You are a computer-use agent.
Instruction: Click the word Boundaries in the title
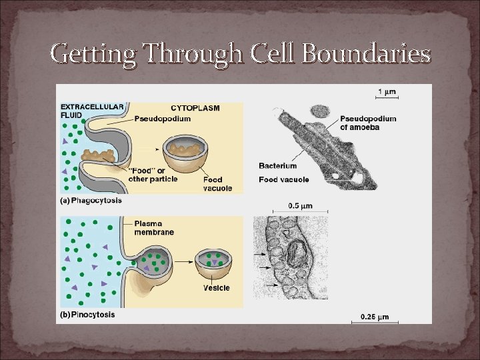click(x=366, y=53)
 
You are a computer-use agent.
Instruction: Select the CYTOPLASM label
click(x=195, y=107)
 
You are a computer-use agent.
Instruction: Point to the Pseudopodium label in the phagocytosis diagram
click(x=163, y=119)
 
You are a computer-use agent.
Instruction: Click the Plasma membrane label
click(x=154, y=228)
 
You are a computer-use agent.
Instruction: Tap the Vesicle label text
click(x=217, y=288)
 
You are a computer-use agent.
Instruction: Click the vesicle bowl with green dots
click(x=213, y=263)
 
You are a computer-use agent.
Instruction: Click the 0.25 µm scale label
click(x=375, y=316)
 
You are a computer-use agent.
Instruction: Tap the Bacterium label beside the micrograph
click(x=277, y=166)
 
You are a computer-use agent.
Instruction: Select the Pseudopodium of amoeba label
click(x=368, y=123)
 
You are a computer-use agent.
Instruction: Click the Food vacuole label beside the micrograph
click(x=283, y=180)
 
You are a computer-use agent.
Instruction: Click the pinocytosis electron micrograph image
click(x=291, y=257)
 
